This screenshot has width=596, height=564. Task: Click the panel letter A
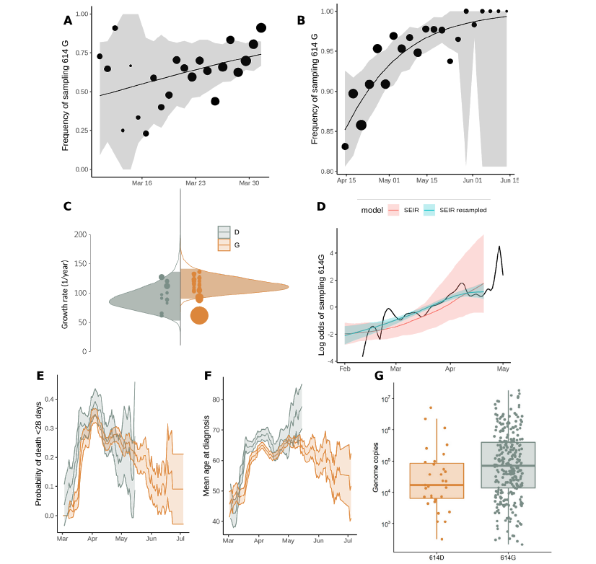coord(68,21)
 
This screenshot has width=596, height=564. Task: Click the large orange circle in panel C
coord(199,315)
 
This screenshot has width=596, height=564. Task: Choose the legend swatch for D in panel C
coord(224,232)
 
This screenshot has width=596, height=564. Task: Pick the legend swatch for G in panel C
coord(224,245)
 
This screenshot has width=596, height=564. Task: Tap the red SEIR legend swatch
coord(394,210)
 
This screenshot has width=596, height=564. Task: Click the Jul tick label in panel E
coord(180,539)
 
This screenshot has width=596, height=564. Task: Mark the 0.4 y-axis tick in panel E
coord(49,399)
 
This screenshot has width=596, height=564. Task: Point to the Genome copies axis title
coord(376,469)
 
